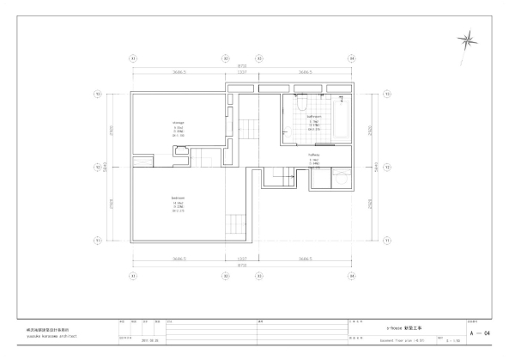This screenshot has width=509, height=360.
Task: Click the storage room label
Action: [x=179, y=123]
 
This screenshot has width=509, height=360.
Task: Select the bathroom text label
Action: [x=315, y=116]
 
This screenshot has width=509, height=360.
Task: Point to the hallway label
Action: [x=314, y=154]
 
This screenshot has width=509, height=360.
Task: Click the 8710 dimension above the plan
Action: [x=242, y=65]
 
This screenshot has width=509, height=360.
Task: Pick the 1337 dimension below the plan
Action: [x=242, y=258]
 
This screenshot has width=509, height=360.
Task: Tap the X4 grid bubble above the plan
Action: [x=351, y=58]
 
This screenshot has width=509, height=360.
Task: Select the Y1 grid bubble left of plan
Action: [x=98, y=241]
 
